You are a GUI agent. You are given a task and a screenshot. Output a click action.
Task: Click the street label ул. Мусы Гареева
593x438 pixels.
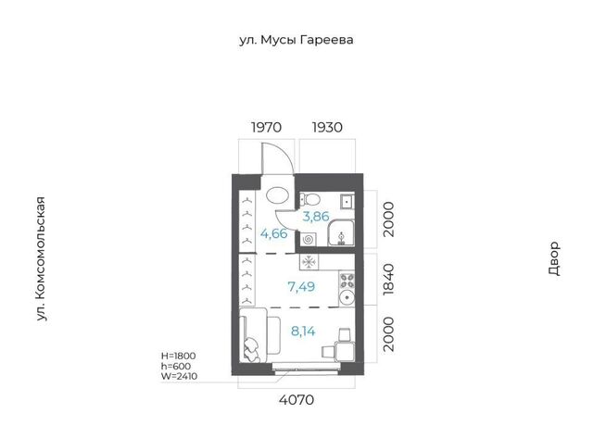pyautogui.click(x=296, y=40)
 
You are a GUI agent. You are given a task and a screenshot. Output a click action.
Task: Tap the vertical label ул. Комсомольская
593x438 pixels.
pyautogui.click(x=41, y=259)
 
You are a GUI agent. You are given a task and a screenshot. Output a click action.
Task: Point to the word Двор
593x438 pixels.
pyautogui.click(x=554, y=258)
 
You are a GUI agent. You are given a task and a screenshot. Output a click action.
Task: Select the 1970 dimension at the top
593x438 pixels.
pyautogui.click(x=266, y=128)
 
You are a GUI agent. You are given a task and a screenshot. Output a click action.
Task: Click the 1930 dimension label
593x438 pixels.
pyautogui.click(x=327, y=128)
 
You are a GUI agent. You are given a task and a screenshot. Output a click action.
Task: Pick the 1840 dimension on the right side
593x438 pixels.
pyautogui.click(x=388, y=280)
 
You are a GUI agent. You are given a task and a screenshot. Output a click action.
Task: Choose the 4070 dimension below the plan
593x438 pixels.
pyautogui.click(x=296, y=399)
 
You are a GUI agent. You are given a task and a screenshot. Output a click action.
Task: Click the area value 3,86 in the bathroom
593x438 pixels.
pyautogui.click(x=316, y=217)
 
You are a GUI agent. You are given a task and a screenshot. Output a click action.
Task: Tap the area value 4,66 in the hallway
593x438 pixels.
pyautogui.click(x=274, y=233)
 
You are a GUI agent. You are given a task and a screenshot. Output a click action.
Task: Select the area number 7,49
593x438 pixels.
pyautogui.click(x=301, y=287)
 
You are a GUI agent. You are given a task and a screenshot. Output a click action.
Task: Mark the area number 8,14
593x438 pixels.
pyautogui.click(x=303, y=332)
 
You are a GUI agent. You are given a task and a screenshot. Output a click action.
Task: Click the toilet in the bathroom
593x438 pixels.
pyautogui.click(x=310, y=199)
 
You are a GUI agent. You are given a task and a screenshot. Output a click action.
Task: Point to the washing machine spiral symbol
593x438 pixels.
pyautogui.click(x=308, y=239)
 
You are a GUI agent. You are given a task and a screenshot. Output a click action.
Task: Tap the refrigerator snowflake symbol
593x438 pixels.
pyautogui.click(x=309, y=262)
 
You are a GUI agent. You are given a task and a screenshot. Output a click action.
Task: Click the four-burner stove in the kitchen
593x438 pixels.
pyautogui.click(x=347, y=281)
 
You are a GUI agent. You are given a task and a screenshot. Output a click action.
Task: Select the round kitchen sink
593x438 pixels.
pyautogui.click(x=347, y=298)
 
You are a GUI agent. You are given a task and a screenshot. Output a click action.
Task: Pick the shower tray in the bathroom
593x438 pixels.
pyautogui.click(x=341, y=232)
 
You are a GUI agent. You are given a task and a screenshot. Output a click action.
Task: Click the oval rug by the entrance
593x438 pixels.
pyautogui.click(x=278, y=195)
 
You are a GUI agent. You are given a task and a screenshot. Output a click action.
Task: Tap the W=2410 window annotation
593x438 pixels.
pyautogui.click(x=179, y=376)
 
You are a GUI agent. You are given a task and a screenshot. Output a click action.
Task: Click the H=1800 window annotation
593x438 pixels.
pyautogui.click(x=179, y=356)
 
